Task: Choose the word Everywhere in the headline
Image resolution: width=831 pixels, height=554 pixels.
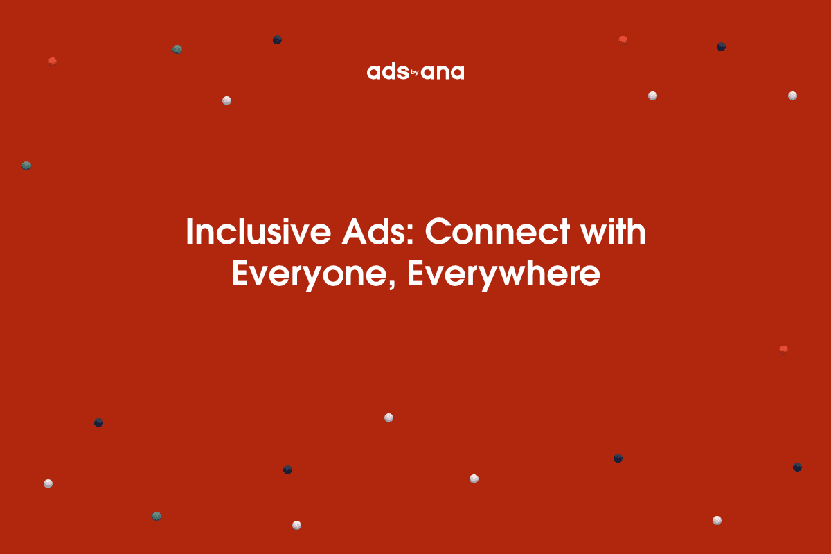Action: coord(503,275)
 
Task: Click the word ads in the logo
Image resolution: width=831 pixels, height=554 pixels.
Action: coord(387,72)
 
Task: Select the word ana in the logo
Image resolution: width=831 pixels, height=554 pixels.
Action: coord(443,72)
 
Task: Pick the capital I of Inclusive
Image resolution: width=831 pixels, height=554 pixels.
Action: coord(190,233)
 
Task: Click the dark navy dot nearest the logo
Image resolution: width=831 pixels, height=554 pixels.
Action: coord(277,40)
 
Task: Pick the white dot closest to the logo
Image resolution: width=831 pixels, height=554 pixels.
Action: coord(226,100)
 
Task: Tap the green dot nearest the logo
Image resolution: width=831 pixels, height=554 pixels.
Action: coord(177,49)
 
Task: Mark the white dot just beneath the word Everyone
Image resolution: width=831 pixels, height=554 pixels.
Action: coord(388,418)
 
